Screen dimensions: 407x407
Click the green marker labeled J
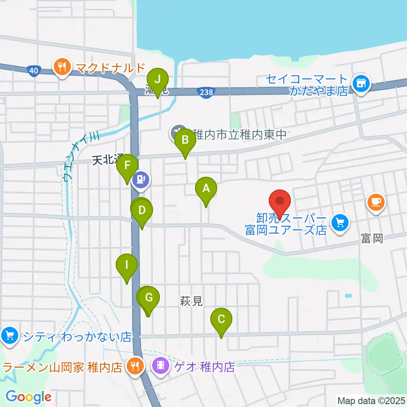(x=158, y=79)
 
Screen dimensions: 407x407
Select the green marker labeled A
(x=206, y=188)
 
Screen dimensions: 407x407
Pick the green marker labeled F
(x=128, y=166)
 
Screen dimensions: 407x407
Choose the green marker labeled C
(x=221, y=319)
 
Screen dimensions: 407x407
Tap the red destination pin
(x=280, y=201)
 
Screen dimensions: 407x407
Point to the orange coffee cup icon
(x=376, y=201)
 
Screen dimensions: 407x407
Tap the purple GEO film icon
(x=161, y=365)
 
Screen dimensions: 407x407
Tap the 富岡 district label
(x=372, y=239)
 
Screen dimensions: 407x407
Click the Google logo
(x=28, y=397)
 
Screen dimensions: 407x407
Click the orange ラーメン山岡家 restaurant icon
(x=135, y=365)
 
